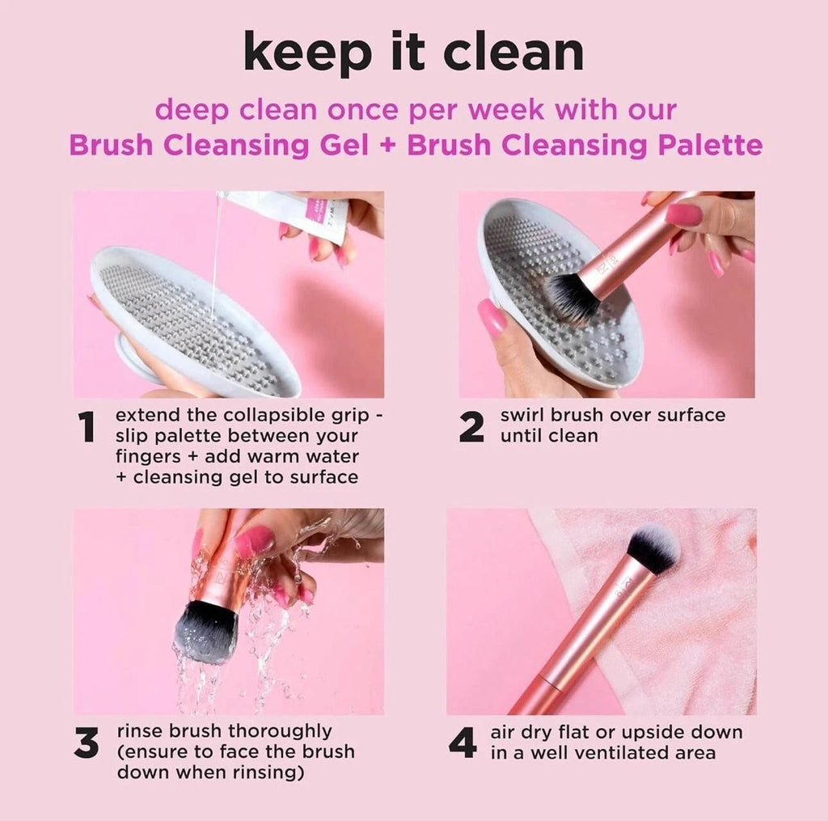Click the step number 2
click(x=471, y=428)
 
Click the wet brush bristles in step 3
click(x=205, y=629)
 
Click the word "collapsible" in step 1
click(x=280, y=416)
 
